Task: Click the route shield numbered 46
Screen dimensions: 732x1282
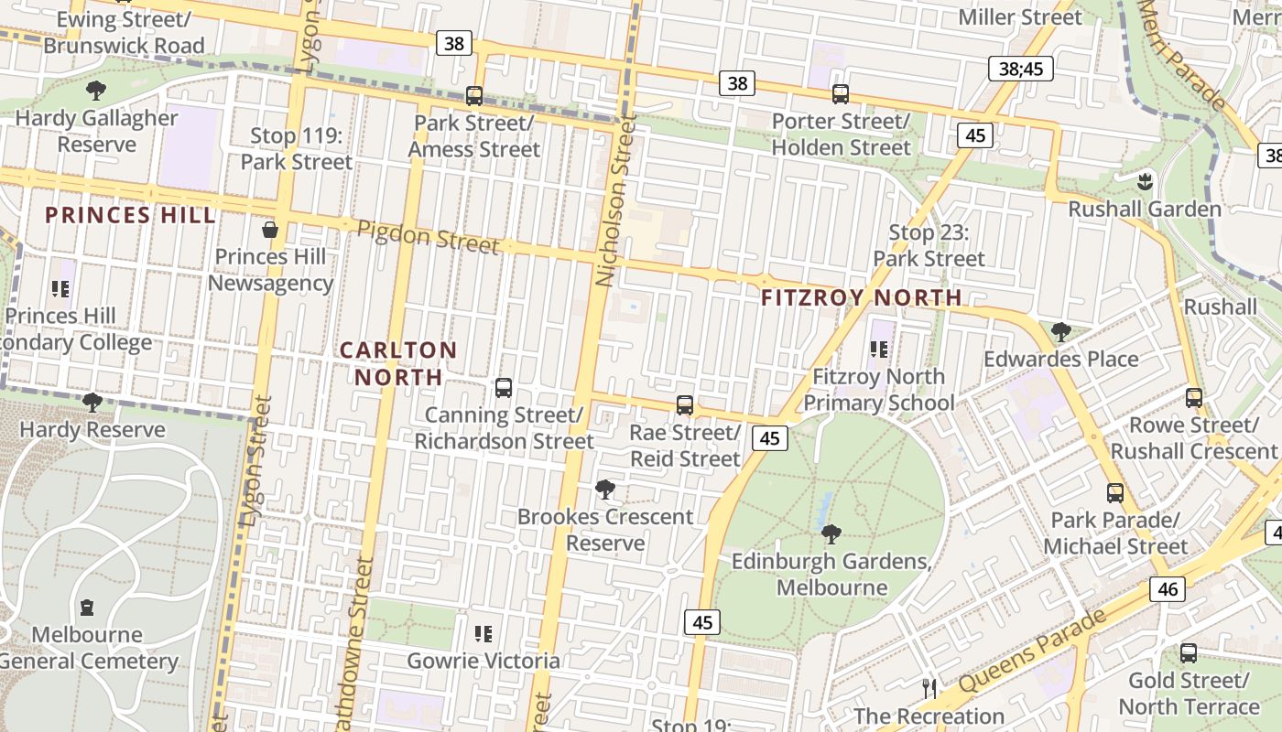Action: coord(1168,588)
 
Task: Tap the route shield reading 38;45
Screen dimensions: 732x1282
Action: coord(1021,68)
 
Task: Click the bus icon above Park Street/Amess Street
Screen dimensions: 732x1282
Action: coord(474,95)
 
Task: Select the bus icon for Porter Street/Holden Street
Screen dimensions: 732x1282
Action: coord(841,93)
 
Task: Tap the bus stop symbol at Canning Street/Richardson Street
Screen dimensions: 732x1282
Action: coord(503,387)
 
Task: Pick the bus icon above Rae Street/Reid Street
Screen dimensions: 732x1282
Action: coord(685,404)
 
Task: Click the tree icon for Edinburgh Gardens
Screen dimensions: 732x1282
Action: coord(831,533)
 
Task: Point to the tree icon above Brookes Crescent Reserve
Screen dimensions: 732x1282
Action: coord(604,489)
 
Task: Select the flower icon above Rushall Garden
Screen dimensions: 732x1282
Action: coord(1145,180)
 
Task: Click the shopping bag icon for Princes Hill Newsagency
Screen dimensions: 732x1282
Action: coord(270,229)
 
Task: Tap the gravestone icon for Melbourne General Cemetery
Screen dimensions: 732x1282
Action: coord(87,607)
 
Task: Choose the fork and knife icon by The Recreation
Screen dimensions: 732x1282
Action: coord(929,688)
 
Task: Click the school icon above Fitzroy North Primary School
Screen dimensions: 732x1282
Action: coord(879,349)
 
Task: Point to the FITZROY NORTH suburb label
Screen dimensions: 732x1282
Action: coord(861,297)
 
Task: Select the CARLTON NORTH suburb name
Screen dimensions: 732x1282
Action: coord(398,363)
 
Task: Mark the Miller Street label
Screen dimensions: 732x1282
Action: coord(1020,16)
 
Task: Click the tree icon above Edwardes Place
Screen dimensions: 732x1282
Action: coord(1061,331)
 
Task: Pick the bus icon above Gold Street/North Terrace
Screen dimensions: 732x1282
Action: coord(1189,652)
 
